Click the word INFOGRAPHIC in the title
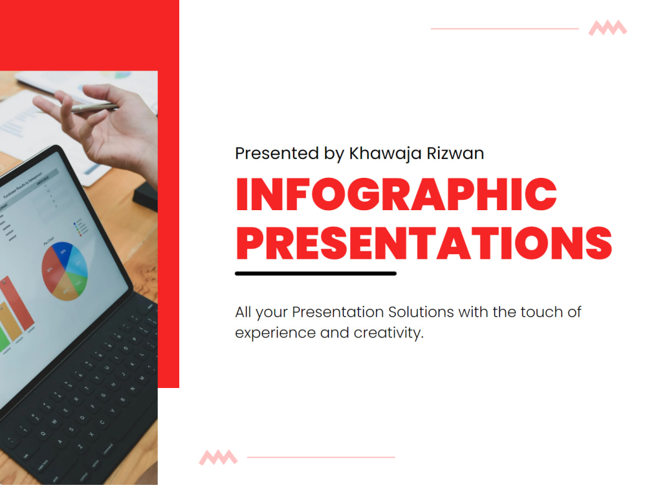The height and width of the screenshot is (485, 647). (x=396, y=195)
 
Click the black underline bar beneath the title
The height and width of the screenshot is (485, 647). (x=315, y=274)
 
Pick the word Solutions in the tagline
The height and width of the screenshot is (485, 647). (x=421, y=312)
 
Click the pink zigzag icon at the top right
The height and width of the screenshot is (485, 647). (x=608, y=28)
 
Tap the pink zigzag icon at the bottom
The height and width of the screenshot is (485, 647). (x=218, y=457)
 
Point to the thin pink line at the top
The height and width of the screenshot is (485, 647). (x=505, y=28)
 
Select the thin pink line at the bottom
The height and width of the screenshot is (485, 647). (x=321, y=457)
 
